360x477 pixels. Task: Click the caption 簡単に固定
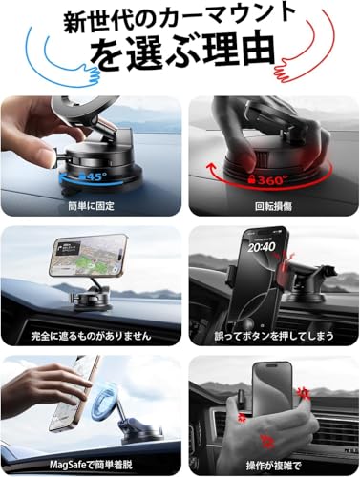[x=90, y=204]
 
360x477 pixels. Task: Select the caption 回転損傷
[x=269, y=204]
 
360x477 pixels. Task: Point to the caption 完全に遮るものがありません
[x=90, y=336]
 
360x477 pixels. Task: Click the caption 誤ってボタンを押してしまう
[x=269, y=336]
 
